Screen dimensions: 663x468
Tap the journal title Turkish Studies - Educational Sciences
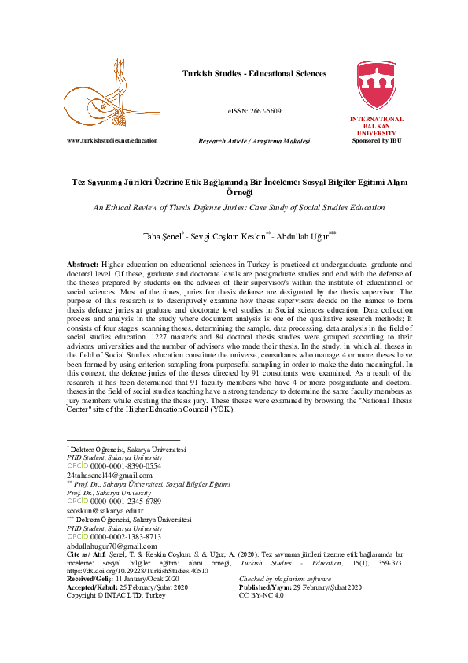254,74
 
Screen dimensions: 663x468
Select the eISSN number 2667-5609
254,111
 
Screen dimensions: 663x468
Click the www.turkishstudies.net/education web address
112,139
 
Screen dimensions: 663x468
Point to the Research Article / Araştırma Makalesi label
254,140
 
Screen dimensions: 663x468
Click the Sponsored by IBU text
377,140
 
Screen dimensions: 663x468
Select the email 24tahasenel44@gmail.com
109,476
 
